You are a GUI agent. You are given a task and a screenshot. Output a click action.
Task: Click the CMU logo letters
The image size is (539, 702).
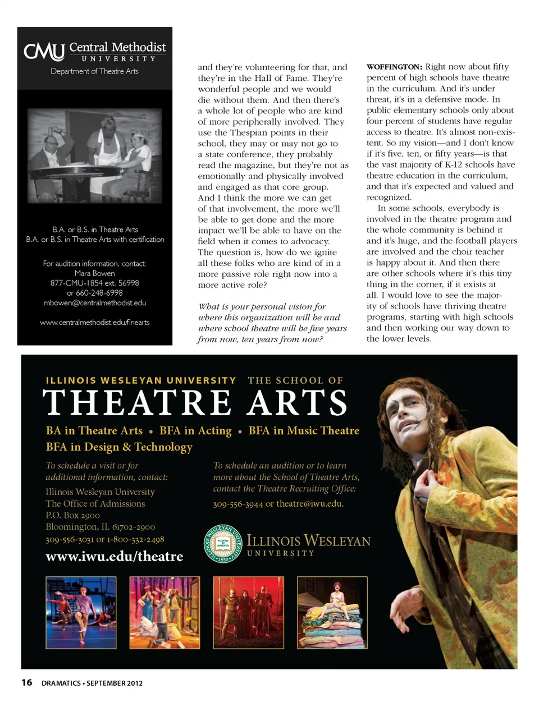click(44, 52)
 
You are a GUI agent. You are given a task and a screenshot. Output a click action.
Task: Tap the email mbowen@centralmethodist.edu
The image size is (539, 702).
click(94, 303)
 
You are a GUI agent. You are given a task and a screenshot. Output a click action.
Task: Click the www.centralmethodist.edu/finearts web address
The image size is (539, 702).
click(94, 323)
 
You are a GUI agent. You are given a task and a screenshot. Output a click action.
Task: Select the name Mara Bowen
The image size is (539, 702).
click(94, 273)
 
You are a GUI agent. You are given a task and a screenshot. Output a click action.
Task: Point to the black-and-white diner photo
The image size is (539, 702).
click(94, 155)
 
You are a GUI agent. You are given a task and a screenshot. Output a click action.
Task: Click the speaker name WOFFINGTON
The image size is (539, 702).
click(394, 67)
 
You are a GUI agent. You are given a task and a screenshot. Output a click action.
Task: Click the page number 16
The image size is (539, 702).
click(26, 682)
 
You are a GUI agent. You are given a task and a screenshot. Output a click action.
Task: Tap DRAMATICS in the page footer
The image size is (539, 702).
click(61, 683)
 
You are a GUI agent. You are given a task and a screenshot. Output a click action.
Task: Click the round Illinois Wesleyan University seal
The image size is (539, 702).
click(223, 543)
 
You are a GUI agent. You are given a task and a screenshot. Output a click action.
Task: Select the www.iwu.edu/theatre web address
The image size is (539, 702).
click(115, 556)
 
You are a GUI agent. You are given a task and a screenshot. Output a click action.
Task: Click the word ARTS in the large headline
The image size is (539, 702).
click(298, 403)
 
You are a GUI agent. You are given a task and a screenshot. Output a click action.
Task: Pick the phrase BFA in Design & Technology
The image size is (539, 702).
click(119, 447)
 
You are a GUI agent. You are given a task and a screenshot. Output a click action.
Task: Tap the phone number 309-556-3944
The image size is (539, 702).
click(238, 504)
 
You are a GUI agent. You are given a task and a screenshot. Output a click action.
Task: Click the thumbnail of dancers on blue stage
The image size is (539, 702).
click(81, 613)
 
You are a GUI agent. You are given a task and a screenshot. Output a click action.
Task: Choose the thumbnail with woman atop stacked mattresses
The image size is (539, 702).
click(332, 613)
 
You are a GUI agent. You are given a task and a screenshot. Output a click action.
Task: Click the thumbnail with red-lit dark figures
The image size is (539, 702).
click(248, 613)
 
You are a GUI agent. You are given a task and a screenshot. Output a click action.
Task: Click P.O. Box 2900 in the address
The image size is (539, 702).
click(72, 515)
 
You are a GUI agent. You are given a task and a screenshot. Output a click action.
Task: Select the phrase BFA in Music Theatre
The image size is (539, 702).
click(304, 431)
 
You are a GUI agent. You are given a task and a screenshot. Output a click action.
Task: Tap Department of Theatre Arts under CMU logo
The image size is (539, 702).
click(94, 71)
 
